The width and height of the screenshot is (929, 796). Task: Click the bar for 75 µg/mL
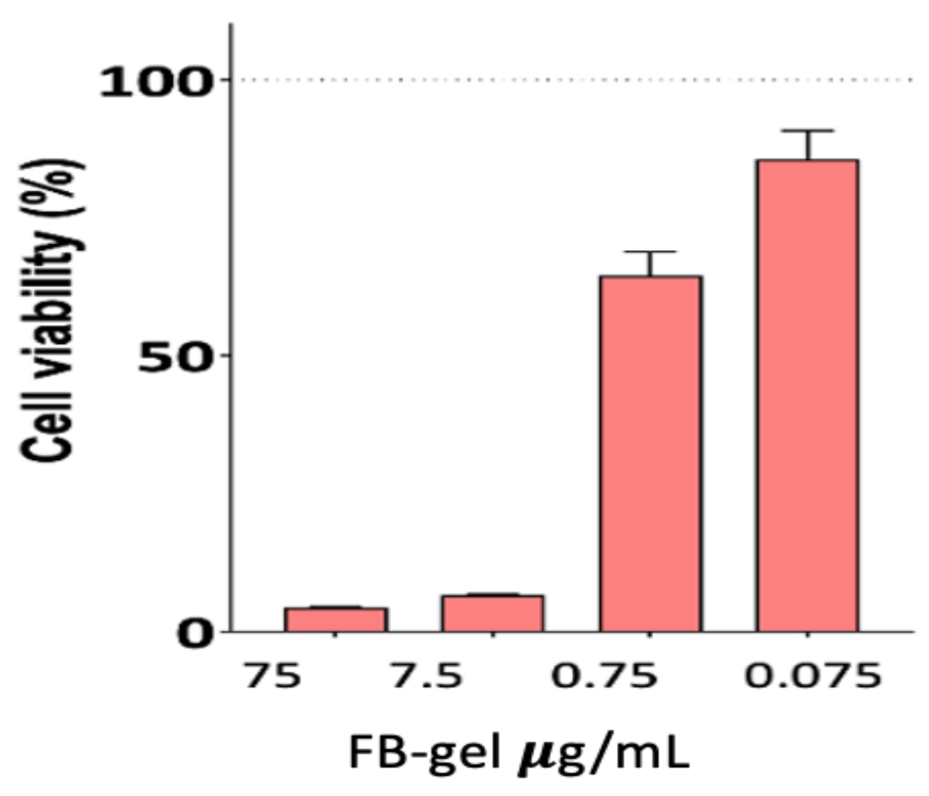coord(336,620)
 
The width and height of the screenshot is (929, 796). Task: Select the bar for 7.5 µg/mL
coord(493,613)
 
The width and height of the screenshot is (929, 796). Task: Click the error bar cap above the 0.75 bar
coord(650,251)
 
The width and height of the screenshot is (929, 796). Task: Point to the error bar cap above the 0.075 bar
coord(807,131)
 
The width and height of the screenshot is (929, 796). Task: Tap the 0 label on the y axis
coord(193,635)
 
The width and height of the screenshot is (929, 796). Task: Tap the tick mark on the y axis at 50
coord(226,355)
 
